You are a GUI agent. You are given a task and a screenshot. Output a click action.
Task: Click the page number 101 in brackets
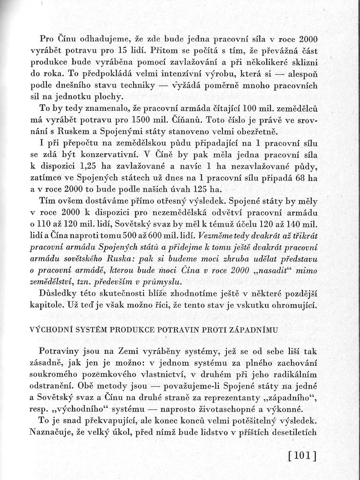point(302,456)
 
